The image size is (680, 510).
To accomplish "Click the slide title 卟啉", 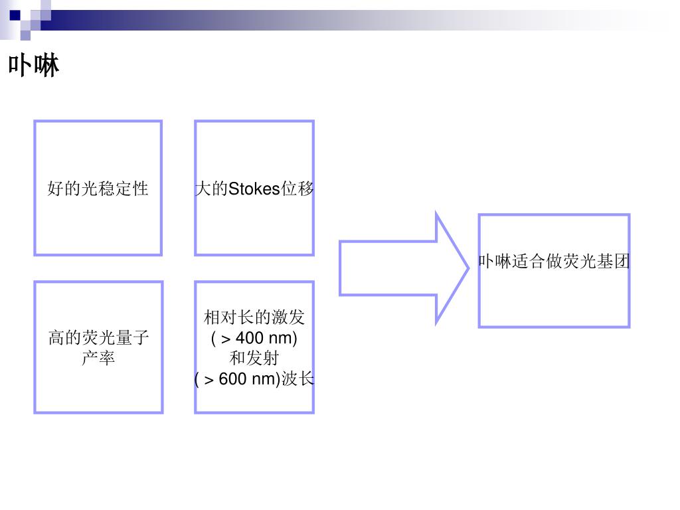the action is click(x=34, y=66).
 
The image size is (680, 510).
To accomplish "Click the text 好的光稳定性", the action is click(x=98, y=189).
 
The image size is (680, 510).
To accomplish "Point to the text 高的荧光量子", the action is click(x=98, y=338).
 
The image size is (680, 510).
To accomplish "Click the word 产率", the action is click(x=98, y=359).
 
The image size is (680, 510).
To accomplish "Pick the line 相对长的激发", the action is click(x=254, y=317).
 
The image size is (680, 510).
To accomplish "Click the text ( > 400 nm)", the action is click(x=254, y=338).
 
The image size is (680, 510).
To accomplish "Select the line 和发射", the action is click(x=254, y=359).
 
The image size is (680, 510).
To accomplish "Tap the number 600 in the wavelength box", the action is click(x=232, y=379).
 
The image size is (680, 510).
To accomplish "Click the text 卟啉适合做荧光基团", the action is click(x=554, y=262).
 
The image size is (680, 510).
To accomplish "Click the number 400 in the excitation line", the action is click(x=250, y=338).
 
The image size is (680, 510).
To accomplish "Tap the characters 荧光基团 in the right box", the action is click(x=596, y=262).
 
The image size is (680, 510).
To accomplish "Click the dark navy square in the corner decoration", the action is click(x=15, y=15).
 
